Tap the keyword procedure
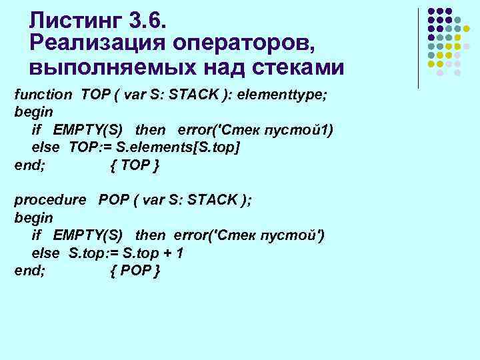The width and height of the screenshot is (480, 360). click(x=50, y=199)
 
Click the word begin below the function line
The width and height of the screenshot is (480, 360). click(x=33, y=111)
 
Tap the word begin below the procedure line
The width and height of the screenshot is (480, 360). click(x=33, y=217)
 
